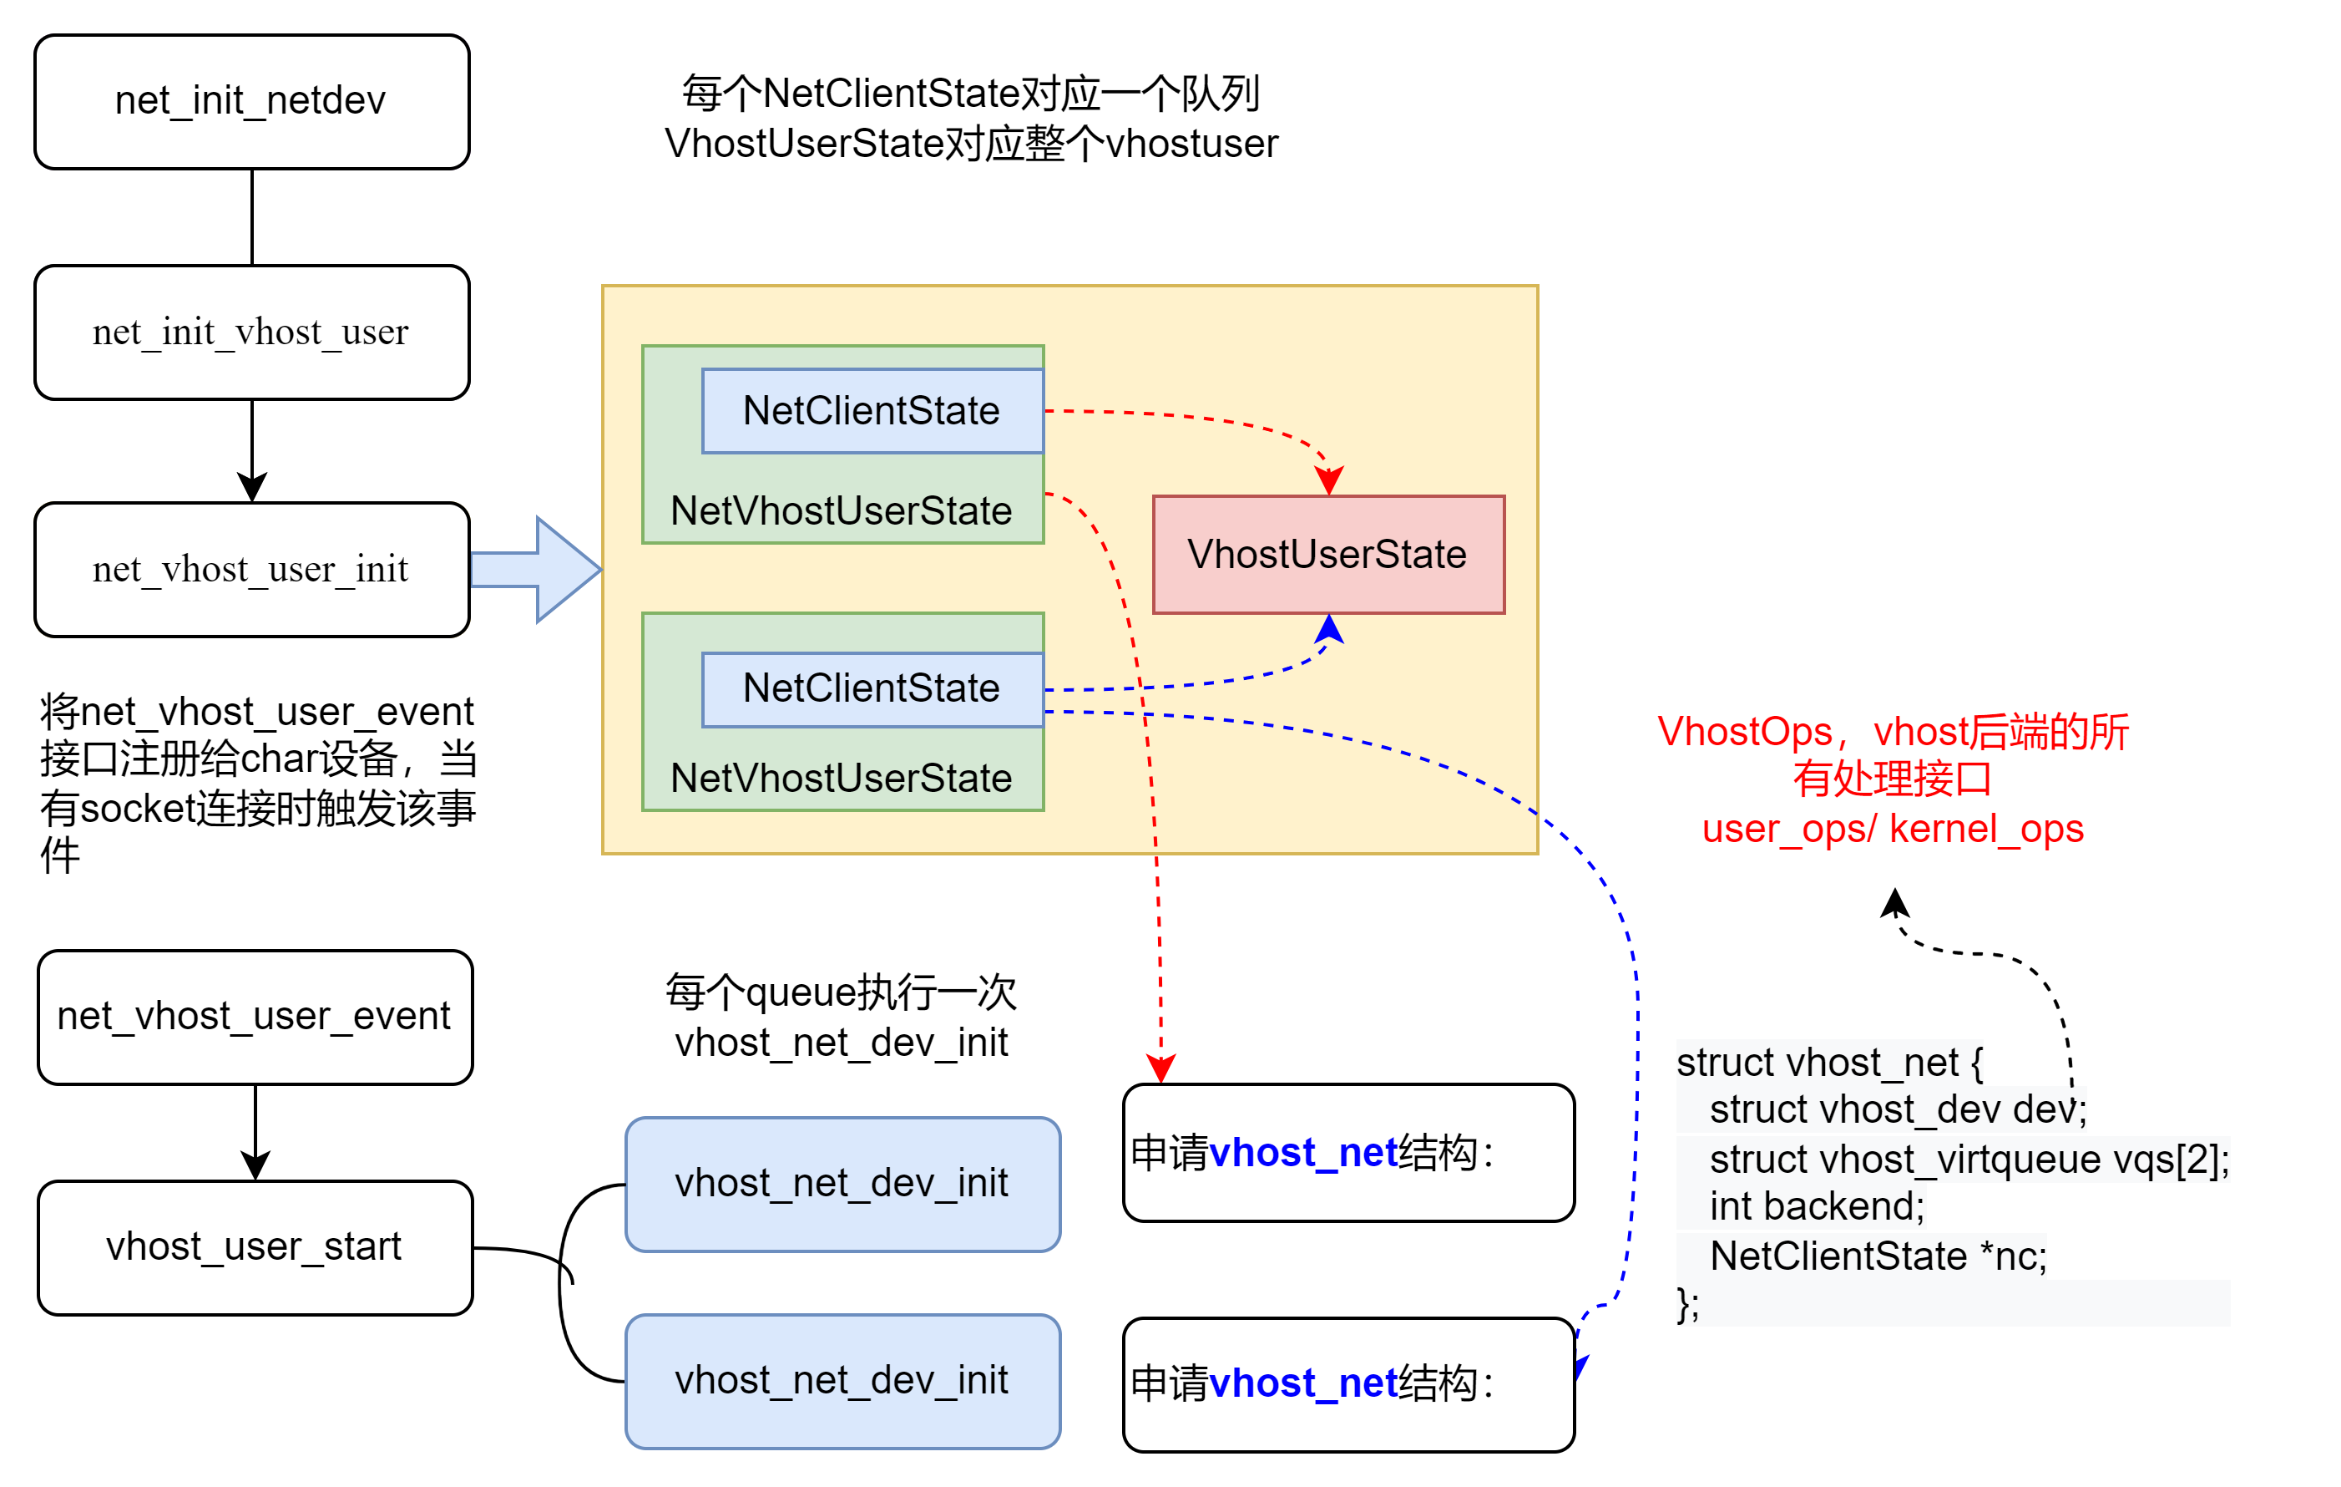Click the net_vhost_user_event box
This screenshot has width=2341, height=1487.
click(255, 1018)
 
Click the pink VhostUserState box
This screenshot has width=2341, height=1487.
click(1328, 555)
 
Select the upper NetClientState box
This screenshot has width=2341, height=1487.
click(872, 410)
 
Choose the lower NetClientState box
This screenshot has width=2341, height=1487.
click(872, 688)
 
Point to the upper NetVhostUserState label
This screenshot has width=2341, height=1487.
click(842, 511)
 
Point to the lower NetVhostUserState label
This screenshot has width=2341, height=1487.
click(842, 779)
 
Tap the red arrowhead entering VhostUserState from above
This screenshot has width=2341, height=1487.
click(1328, 481)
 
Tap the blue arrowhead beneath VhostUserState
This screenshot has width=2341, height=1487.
click(1329, 629)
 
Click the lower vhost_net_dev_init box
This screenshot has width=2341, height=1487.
click(842, 1381)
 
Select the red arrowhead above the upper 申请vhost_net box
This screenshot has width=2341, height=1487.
click(1160, 1068)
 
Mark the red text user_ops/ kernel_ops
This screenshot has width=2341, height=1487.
click(1892, 830)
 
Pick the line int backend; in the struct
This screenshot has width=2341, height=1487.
click(1816, 1207)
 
